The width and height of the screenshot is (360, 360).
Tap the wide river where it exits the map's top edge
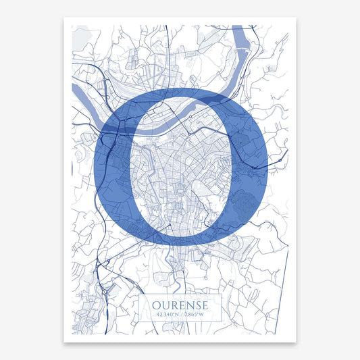(x=240, y=30)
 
